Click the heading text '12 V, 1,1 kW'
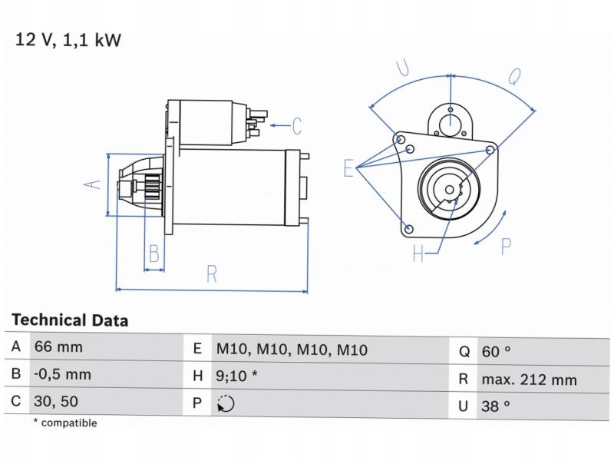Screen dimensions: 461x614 point(68,40)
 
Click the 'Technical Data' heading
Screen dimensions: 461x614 point(70,320)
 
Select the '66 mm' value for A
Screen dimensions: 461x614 point(58,347)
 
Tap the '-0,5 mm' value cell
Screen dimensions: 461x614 point(62,375)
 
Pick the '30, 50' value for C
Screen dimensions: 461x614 point(56,401)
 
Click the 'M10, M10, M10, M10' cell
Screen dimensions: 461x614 point(292,350)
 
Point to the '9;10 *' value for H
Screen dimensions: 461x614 point(236,376)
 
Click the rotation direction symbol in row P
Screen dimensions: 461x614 point(226,404)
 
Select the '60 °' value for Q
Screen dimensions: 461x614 point(496,351)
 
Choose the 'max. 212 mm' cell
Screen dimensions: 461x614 point(529,379)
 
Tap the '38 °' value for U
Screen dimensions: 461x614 point(496,406)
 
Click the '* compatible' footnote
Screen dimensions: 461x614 point(65,423)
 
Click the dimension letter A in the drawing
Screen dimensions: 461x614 point(92,184)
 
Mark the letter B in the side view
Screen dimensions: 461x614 point(154,253)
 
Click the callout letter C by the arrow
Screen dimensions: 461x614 point(296,125)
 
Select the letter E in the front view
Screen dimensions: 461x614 point(349,168)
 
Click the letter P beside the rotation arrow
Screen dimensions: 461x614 point(507,246)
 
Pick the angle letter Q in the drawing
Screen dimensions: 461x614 point(515,75)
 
